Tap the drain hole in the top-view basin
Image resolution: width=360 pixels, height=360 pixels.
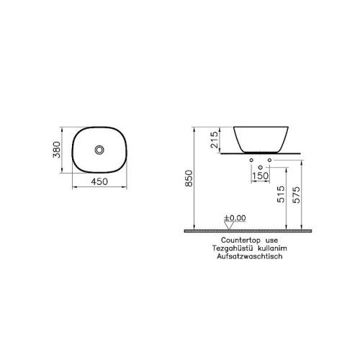[x=100, y=150]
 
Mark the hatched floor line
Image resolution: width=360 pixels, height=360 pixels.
[x=245, y=230]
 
